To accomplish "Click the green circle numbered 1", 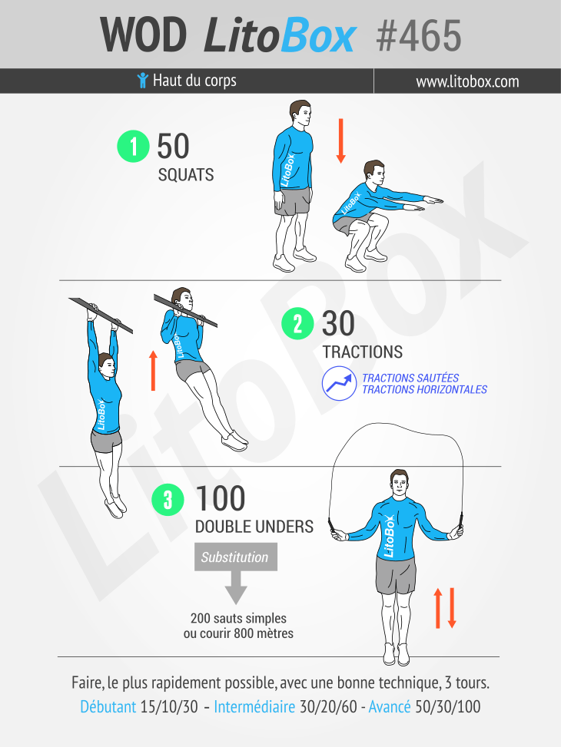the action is [x=133, y=146].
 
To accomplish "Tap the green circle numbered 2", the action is [x=297, y=323].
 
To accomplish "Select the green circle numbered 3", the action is [x=168, y=500].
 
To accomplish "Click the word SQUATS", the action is [x=185, y=175].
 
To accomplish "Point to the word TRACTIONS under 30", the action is [x=363, y=352].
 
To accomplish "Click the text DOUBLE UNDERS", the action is [x=254, y=527].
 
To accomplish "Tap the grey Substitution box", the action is [x=236, y=557].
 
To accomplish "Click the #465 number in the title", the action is [x=418, y=36].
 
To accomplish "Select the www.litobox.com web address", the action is [x=467, y=81].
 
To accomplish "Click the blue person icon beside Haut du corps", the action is [x=142, y=80].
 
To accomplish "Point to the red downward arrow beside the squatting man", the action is [x=340, y=141].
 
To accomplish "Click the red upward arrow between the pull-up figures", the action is [x=153, y=371].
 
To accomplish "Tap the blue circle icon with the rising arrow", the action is [x=339, y=383].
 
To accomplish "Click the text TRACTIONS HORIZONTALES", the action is [x=424, y=390].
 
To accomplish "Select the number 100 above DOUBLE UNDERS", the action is [x=221, y=498].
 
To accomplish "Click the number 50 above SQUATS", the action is [x=173, y=146].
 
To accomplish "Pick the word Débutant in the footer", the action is [x=108, y=706].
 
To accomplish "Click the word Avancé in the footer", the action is [x=390, y=706].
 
